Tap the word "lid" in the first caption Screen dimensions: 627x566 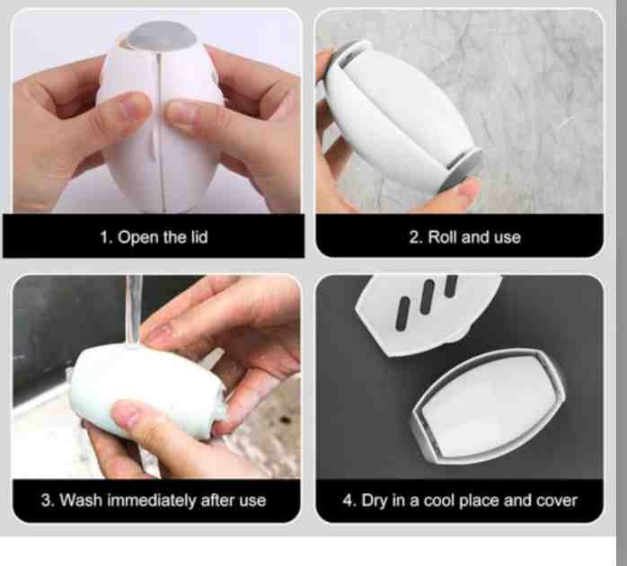199,237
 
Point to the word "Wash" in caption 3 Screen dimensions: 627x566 81,500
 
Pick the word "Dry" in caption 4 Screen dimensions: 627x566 375,500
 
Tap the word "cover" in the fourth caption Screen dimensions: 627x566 557,500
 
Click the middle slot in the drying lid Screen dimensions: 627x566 427,296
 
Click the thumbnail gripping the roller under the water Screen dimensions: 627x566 128,414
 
